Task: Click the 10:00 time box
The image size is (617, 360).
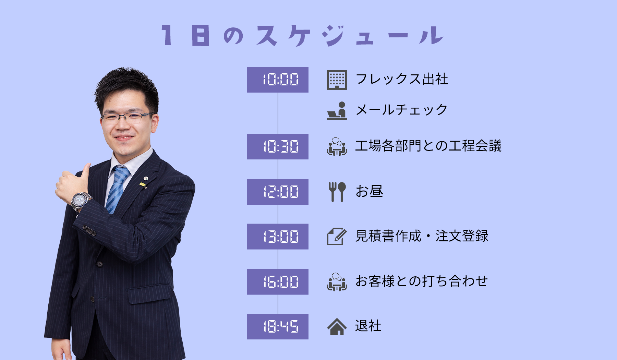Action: [278, 80]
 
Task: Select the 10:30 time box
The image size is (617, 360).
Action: [278, 146]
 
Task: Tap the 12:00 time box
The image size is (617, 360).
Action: [278, 192]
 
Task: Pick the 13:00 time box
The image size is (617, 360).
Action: [278, 237]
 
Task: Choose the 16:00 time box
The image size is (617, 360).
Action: [278, 282]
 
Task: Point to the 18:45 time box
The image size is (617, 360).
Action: [278, 326]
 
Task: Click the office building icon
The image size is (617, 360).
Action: [337, 80]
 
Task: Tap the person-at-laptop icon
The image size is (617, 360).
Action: [337, 111]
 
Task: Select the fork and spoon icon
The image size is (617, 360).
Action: [337, 192]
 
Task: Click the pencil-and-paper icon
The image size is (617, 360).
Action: [337, 237]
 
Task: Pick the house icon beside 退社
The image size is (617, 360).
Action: [337, 327]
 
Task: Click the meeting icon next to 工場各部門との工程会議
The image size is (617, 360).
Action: [337, 147]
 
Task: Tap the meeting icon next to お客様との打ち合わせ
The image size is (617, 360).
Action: [337, 282]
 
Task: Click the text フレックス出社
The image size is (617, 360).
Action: [402, 79]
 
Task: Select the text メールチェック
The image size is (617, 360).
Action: [401, 110]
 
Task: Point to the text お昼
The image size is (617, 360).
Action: [369, 191]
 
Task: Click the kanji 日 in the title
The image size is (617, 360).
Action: [201, 36]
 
